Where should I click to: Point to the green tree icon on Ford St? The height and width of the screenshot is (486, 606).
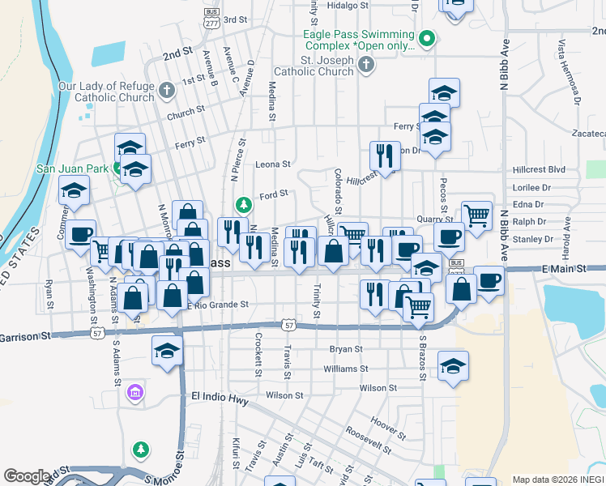242,203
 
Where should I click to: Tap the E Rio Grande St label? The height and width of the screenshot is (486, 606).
217,305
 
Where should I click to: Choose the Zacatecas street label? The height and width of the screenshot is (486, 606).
587,131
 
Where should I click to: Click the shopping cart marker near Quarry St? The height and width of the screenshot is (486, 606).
476,214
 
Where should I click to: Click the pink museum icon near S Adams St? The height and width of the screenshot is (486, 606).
134,394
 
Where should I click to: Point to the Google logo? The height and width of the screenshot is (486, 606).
27,476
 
